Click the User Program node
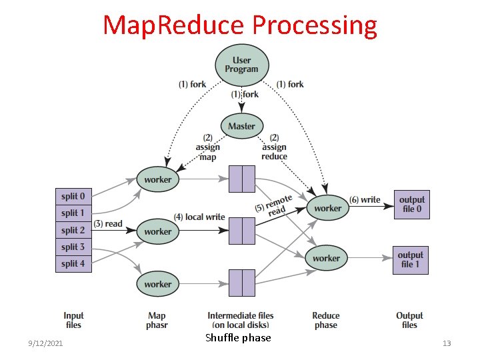(241, 65)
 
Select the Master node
(241, 126)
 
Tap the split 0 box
(73, 197)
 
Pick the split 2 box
(73, 230)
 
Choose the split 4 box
(73, 263)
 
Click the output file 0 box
(411, 204)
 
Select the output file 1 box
(411, 259)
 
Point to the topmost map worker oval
(158, 179)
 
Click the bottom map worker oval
(158, 284)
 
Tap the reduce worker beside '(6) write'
(327, 208)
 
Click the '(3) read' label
(108, 224)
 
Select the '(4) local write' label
(199, 217)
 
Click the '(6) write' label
(365, 199)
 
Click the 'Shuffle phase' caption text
(238, 338)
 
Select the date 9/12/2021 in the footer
(46, 343)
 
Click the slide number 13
(447, 343)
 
